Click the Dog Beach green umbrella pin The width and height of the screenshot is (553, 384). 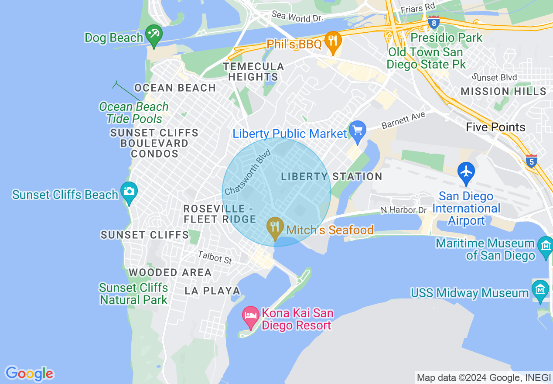[x=154, y=35]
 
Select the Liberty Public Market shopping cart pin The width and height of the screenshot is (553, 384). [x=358, y=131]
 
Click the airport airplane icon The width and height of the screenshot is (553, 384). [x=466, y=171]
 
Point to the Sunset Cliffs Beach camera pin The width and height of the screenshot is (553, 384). [x=129, y=192]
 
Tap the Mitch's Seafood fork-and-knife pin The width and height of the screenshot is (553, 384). [x=275, y=227]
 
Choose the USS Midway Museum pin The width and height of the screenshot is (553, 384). [x=540, y=290]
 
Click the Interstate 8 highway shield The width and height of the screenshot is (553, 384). [x=434, y=22]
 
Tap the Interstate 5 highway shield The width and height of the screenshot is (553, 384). [x=531, y=161]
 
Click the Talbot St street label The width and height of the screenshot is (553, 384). [x=215, y=257]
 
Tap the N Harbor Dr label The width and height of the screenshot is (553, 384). [x=403, y=210]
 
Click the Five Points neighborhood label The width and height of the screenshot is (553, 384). [x=495, y=127]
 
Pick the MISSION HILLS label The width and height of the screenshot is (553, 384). [x=503, y=91]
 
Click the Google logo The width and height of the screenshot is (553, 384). [x=29, y=374]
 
